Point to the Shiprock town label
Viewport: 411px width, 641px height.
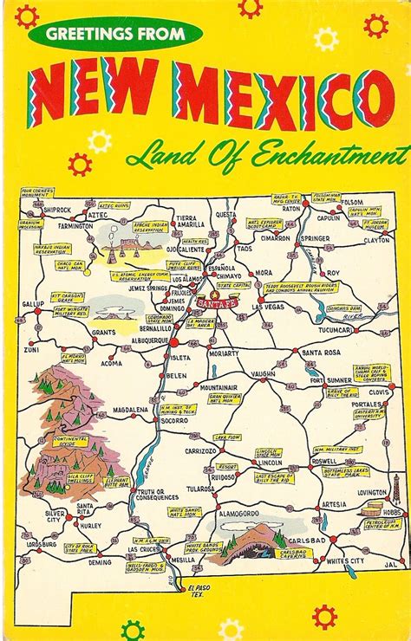[32, 209]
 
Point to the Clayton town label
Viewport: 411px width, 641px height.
[375, 241]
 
